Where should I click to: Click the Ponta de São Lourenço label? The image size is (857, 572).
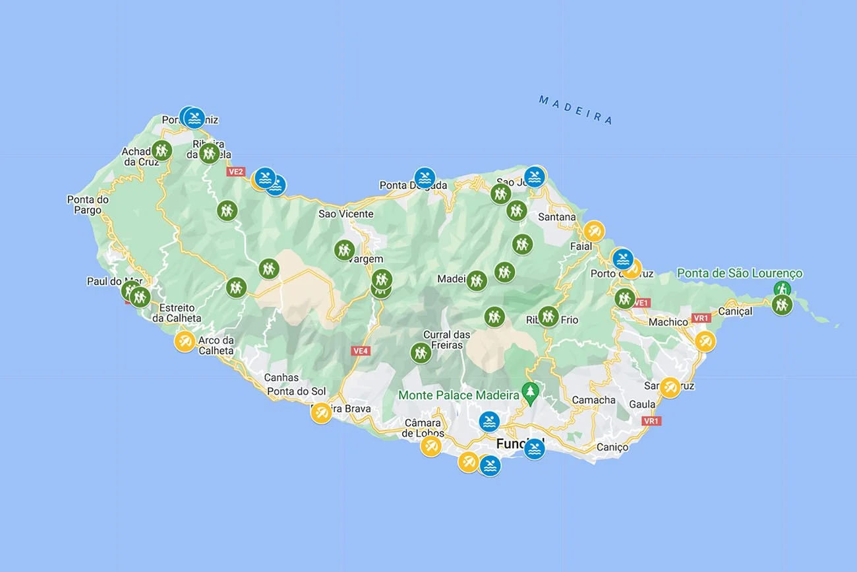click(740, 273)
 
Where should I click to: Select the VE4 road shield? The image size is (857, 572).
click(360, 351)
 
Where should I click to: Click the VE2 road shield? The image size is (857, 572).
click(235, 172)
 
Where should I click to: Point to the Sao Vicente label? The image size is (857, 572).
click(345, 214)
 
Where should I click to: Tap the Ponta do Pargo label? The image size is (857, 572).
click(88, 205)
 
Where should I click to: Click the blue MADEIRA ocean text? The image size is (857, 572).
click(576, 110)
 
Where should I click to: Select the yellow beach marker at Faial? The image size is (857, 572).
click(594, 231)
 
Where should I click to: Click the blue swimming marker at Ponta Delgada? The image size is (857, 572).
click(425, 177)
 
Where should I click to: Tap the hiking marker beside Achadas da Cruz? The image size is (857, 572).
click(162, 150)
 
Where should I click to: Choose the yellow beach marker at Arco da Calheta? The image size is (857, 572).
click(185, 342)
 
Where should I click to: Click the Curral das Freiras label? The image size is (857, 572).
click(446, 340)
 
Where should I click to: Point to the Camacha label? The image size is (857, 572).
click(593, 400)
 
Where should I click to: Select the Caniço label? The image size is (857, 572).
click(613, 447)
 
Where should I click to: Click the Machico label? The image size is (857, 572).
click(668, 322)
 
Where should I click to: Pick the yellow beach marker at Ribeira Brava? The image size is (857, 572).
click(321, 413)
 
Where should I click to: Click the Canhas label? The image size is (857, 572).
click(281, 378)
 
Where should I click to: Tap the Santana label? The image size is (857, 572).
click(556, 217)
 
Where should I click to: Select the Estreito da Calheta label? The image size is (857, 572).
click(177, 313)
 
